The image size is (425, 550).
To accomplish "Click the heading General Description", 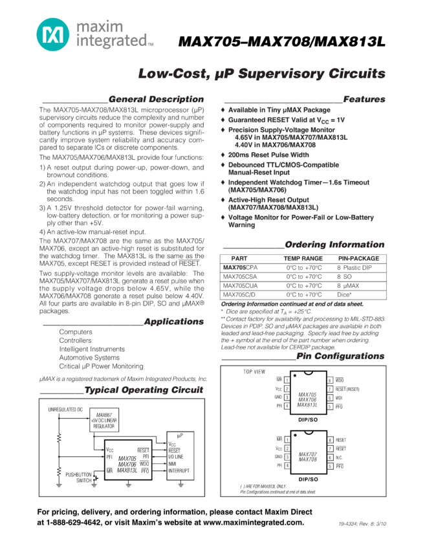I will pos(156,99).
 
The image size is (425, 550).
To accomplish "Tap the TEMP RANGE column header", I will pos(303,258).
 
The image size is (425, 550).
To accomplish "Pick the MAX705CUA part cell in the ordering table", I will pos(240,285).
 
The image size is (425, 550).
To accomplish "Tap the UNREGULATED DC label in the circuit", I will pos(65,410).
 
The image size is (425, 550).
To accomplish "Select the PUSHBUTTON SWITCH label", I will pos(78,478).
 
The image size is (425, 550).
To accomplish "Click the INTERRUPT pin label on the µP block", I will pos(178,471).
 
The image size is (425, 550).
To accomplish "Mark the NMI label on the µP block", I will pos(172,464).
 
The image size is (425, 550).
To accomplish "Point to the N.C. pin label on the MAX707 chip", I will pos(340,457).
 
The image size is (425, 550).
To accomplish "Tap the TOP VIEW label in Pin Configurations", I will pos(254,372).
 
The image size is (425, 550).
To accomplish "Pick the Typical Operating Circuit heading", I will pos(144,390).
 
